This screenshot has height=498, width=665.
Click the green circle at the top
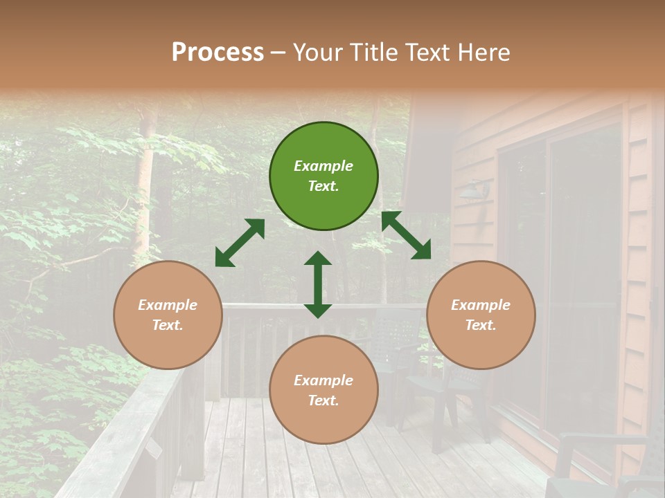point(323,176)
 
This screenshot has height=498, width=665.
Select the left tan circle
point(168,315)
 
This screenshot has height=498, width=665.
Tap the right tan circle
point(481,315)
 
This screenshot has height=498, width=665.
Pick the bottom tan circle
point(323,390)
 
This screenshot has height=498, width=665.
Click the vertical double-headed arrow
point(318,284)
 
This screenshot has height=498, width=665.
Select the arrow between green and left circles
point(240,243)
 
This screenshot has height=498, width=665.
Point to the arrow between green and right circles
point(406,235)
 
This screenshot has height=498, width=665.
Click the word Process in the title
point(218,53)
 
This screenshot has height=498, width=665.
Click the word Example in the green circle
point(323,166)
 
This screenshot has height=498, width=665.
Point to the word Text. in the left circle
point(168,325)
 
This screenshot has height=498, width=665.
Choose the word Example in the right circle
point(481,305)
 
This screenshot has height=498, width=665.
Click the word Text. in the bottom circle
point(323,400)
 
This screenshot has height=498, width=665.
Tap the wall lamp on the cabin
point(475,187)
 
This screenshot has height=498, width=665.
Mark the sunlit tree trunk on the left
point(145,180)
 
